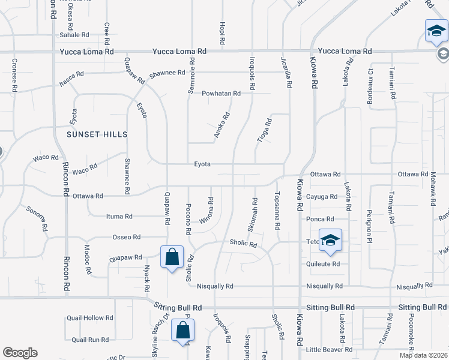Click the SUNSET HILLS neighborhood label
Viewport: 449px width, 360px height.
97,134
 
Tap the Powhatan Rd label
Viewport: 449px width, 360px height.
221,93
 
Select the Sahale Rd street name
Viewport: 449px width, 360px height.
74,35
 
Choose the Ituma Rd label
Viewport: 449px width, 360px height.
119,217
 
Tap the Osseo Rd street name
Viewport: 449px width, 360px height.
126,237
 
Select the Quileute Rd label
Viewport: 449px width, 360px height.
323,263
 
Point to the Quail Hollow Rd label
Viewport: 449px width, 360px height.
90,318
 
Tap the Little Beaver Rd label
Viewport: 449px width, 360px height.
328,349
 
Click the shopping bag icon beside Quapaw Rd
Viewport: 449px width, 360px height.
172,257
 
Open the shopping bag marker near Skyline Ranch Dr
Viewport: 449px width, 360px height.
182,331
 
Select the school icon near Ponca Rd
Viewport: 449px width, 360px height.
330,241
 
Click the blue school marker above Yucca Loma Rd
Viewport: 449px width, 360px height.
436,31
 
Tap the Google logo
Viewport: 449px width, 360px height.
20,353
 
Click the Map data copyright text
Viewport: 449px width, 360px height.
423,355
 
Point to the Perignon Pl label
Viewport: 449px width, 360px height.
370,212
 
